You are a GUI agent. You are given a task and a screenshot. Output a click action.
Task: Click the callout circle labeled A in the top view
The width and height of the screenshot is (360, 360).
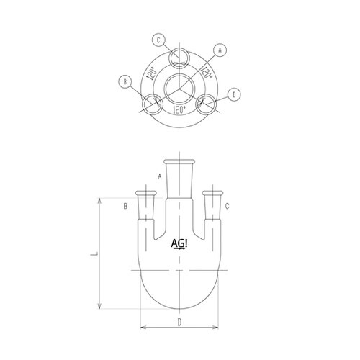221,50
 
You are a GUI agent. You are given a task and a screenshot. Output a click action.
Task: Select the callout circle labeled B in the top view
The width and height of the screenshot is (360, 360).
127,82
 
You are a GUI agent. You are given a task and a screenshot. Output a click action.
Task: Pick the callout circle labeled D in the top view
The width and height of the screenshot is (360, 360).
234,94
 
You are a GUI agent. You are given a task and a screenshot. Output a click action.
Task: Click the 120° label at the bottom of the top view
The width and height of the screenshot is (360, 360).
179,109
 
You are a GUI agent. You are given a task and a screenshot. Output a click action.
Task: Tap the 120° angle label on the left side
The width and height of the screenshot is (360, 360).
151,75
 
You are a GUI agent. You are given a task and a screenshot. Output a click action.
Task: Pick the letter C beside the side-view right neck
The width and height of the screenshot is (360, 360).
228,207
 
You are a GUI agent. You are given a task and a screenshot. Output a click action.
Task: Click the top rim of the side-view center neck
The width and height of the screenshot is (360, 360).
179,160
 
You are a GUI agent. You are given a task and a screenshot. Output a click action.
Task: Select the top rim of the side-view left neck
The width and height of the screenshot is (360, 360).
146,192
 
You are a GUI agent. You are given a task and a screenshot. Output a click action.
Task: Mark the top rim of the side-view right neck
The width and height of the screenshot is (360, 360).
212,192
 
